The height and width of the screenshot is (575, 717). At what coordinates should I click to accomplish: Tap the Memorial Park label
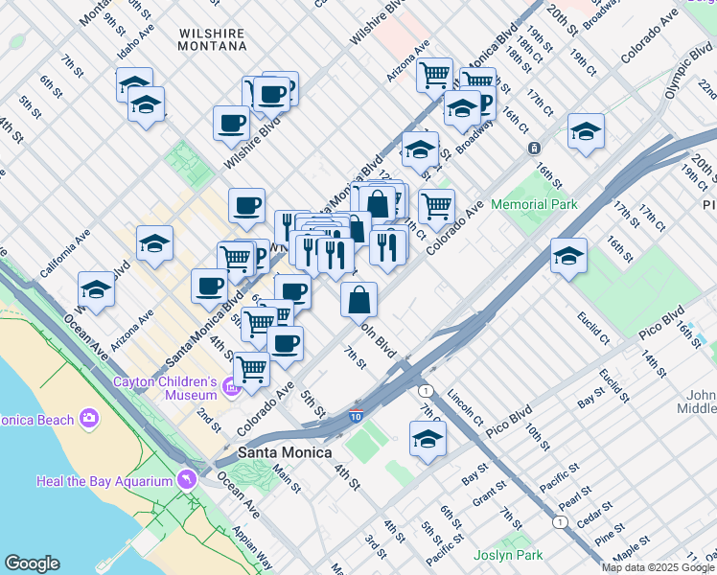[x=534, y=204]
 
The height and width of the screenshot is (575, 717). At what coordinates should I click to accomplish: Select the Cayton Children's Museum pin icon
[x=230, y=386]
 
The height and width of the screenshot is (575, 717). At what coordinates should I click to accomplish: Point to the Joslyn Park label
[x=508, y=555]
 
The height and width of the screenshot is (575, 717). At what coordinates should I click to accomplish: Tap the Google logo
[x=33, y=563]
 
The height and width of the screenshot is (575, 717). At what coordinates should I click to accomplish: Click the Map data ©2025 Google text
[x=658, y=567]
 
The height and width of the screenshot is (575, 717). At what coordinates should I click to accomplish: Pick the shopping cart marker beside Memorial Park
[x=436, y=205]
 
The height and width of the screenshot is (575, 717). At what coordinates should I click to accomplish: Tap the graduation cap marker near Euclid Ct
[x=568, y=256]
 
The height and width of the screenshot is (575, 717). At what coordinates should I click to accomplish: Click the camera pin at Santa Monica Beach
[x=89, y=417]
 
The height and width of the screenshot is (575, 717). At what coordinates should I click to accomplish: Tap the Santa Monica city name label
[x=285, y=452]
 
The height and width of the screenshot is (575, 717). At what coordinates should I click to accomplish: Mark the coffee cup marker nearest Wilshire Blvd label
[x=231, y=123]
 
